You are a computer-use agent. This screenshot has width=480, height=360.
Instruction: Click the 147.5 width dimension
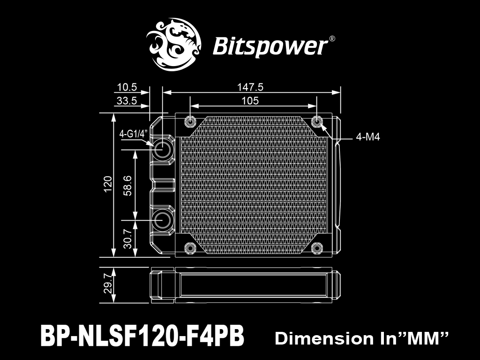point(250,87)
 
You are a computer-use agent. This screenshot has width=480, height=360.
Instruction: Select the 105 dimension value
point(250,101)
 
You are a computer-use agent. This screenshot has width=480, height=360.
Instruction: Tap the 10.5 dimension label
point(127,88)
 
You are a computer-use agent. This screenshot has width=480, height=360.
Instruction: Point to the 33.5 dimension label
point(127,101)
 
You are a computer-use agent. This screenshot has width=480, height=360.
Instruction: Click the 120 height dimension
point(108,184)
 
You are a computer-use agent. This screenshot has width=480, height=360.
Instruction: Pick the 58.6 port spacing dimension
point(127,186)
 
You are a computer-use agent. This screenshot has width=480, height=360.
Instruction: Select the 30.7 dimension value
point(127,239)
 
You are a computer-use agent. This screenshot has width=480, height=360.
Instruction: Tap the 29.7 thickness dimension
point(108,284)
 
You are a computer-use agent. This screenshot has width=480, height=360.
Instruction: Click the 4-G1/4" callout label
point(134,134)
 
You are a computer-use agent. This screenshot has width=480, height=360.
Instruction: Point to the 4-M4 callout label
point(368,137)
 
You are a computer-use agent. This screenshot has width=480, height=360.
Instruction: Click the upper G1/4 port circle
point(163,150)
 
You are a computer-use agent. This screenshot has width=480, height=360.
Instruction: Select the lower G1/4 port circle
point(163,220)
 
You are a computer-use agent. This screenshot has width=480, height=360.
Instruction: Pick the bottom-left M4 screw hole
point(190,248)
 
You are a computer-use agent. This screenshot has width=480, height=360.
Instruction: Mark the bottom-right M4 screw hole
point(317,248)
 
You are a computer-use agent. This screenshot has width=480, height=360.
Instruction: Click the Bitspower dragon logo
point(173,45)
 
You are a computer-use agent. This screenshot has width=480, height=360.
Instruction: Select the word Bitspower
point(270,46)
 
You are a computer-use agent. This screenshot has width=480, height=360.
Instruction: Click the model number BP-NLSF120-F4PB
point(142,336)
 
